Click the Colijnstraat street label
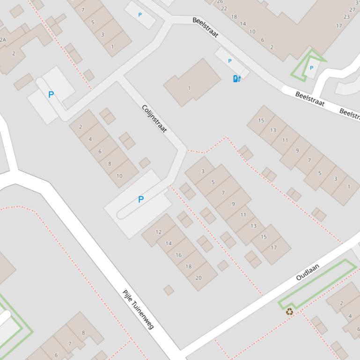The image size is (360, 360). tap(154, 119)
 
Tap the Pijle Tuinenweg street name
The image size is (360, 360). tap(138, 310)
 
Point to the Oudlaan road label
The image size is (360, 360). tap(308, 272)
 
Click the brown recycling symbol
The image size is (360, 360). tap(290, 311)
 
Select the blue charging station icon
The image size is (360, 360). tap(237, 79)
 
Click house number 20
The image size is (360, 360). tap(198, 278)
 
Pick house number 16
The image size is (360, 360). tap(178, 255)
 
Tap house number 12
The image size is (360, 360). tap(158, 232)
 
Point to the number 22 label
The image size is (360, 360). tap(224, 8)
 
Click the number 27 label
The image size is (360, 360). tap(353, 9)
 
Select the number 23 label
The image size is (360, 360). tap(346, 17)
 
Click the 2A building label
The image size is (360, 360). tap(3, 40)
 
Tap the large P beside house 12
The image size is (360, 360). tap(140, 200)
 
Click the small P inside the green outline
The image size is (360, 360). tap(312, 68)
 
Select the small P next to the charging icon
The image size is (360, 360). tap(229, 61)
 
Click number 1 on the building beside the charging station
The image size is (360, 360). tap(189, 88)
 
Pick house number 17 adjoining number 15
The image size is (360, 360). tap(274, 247)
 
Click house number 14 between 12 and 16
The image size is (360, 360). tap(169, 243)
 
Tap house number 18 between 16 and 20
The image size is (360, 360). tap(188, 266)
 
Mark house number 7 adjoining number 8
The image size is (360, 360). tap(70, 344)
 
